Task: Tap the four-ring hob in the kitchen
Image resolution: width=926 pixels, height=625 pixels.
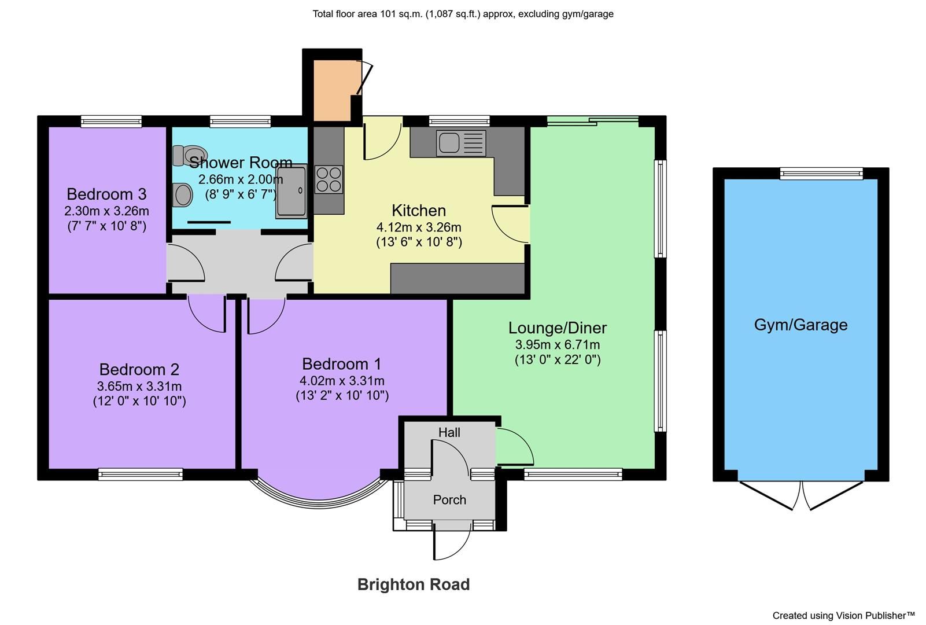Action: pos(329,179)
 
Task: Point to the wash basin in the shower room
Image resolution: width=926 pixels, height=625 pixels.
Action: pos(183,194)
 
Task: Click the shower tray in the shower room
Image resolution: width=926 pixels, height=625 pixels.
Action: pos(291,192)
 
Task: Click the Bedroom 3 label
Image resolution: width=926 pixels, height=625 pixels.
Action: pos(106,194)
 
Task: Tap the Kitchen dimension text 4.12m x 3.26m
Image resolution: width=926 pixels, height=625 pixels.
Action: pos(419,227)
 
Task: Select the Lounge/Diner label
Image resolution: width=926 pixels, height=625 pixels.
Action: pos(557,328)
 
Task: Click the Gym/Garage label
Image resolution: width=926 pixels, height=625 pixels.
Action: pos(800,325)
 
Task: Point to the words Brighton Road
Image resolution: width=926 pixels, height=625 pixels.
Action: pos(413,584)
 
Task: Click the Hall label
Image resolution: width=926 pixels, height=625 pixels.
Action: pos(449,432)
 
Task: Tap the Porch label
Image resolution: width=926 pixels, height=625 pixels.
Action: pos(449,499)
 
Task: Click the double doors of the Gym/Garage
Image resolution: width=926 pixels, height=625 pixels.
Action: pos(802,496)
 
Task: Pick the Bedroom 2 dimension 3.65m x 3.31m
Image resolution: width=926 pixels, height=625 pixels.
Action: pos(139,386)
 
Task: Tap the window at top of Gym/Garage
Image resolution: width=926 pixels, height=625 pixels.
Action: pos(821,173)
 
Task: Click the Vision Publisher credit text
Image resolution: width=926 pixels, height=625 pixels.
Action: pos(843,615)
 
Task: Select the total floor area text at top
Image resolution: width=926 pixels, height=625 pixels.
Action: pos(463,14)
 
